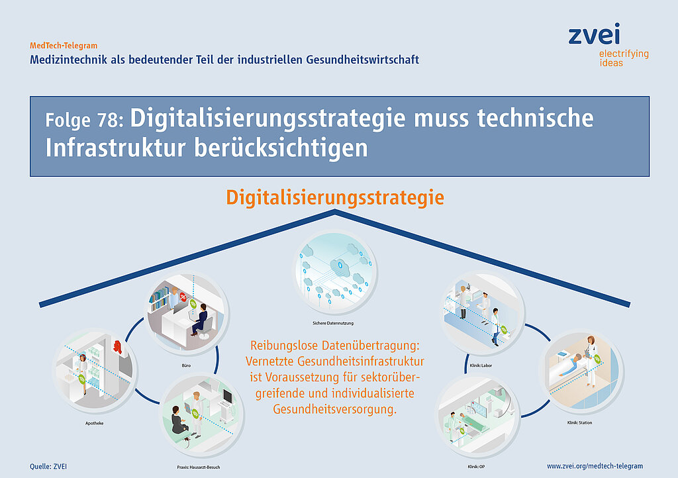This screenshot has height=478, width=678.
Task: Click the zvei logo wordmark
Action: click(x=594, y=34)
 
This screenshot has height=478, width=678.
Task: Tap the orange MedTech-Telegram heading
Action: click(x=64, y=46)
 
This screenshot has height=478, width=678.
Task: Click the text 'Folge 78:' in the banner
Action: click(x=84, y=120)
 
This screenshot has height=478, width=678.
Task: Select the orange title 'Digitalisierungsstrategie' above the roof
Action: click(x=335, y=197)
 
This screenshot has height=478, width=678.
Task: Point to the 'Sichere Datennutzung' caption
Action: click(x=333, y=323)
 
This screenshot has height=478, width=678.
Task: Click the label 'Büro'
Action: click(x=186, y=365)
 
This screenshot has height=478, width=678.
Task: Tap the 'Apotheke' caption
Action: click(x=94, y=423)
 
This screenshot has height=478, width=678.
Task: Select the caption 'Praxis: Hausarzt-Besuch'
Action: click(x=199, y=467)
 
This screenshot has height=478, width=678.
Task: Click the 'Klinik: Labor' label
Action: click(x=481, y=365)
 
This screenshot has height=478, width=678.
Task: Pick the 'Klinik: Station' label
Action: click(x=579, y=422)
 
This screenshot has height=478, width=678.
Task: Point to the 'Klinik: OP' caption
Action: click(x=476, y=467)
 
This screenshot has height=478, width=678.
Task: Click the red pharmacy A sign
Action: click(x=117, y=347)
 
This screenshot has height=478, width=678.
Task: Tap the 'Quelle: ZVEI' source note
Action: click(x=48, y=466)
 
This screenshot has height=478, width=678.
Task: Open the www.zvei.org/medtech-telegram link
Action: click(x=595, y=466)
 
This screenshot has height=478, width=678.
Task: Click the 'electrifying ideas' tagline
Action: click(x=624, y=58)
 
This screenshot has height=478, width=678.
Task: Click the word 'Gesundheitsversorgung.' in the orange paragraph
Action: click(x=334, y=409)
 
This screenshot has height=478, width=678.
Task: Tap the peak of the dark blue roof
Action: click(x=334, y=211)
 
